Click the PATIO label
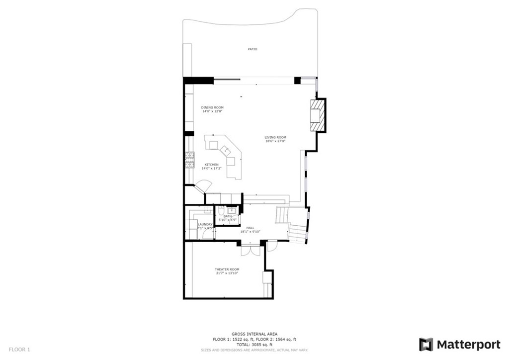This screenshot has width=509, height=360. [253, 49]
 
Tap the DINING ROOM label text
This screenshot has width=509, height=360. [212, 108]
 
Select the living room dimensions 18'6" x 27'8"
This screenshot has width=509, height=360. [275, 141]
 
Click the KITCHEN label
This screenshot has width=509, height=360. [212, 165]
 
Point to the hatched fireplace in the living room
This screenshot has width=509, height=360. [317, 116]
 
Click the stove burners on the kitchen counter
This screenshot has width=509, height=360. [189, 159]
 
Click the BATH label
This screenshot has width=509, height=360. [227, 216]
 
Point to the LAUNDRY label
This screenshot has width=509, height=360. [205, 225]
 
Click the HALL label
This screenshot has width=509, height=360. [250, 228]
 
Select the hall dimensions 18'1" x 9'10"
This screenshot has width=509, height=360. [251, 232]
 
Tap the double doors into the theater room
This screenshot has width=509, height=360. [250, 250]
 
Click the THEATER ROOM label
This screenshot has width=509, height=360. [227, 270]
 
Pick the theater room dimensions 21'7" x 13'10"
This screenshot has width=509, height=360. [227, 273]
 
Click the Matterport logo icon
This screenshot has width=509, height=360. [426, 345]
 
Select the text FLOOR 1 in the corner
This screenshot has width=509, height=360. [19, 350]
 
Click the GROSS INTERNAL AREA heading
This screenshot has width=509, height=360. [254, 334]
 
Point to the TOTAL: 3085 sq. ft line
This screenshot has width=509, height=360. [254, 344]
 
